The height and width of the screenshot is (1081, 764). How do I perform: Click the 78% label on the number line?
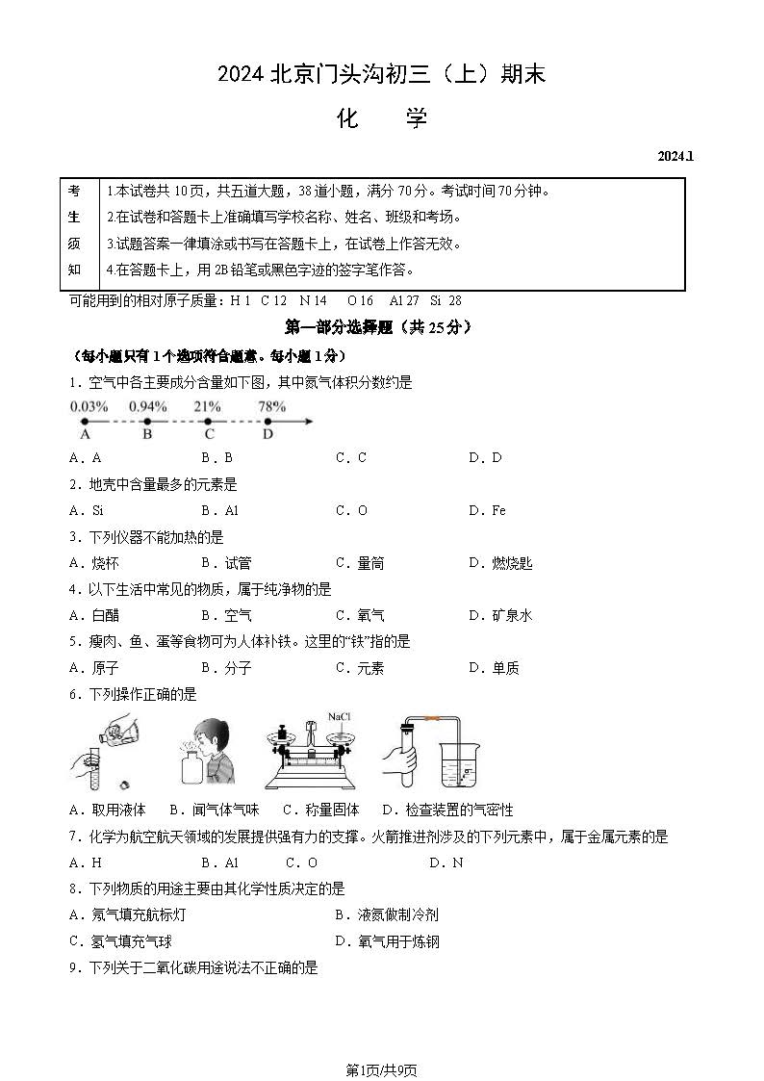(271, 406)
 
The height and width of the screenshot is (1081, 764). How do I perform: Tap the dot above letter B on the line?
(147, 422)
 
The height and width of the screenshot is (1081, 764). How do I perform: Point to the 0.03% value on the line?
(89, 406)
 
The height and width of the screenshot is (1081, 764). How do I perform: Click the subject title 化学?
(381, 118)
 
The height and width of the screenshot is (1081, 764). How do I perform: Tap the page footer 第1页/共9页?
(381, 1069)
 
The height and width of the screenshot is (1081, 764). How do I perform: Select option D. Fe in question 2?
(487, 510)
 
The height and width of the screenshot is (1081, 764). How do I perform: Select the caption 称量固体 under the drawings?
(333, 810)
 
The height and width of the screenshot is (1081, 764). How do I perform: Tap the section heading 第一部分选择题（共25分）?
(379, 327)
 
